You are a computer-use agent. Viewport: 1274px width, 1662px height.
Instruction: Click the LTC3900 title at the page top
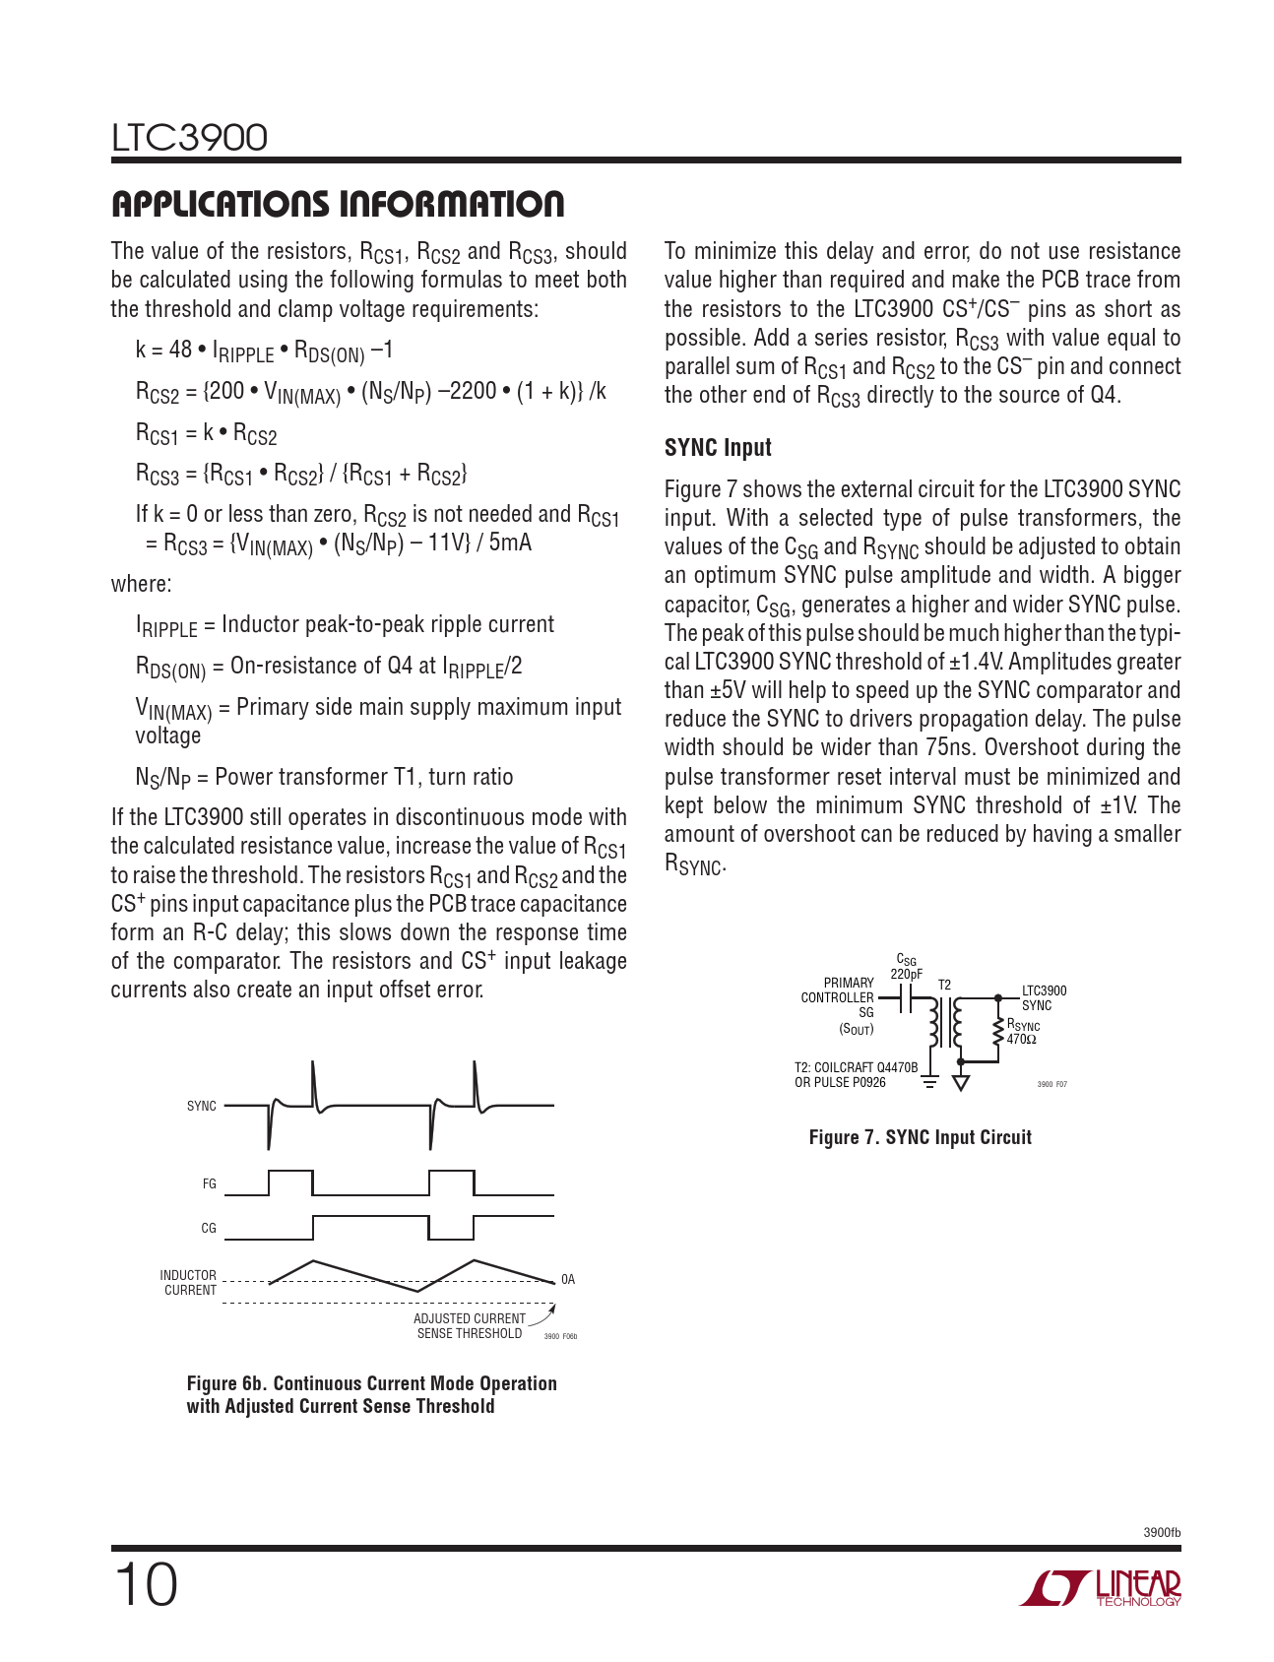189,138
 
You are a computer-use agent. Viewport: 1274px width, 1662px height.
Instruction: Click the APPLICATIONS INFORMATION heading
338,204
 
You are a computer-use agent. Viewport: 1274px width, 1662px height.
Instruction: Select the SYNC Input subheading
718,448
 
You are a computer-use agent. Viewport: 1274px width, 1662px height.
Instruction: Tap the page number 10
147,1586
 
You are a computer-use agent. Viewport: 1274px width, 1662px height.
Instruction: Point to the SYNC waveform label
201,1107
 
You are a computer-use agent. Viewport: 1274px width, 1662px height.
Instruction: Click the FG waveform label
209,1184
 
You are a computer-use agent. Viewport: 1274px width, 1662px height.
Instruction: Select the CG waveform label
209,1229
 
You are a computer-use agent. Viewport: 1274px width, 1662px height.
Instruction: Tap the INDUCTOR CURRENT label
189,1282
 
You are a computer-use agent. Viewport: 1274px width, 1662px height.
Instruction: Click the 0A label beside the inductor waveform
568,1280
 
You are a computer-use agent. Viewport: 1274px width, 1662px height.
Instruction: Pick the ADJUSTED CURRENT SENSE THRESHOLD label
470,1326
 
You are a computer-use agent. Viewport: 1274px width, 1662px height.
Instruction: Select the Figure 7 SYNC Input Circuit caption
920,1138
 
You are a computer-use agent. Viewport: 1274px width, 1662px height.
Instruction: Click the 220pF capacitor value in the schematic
906,974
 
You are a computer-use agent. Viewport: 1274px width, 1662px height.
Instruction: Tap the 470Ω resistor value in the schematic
1021,1040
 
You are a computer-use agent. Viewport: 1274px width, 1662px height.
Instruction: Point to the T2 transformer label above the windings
944,985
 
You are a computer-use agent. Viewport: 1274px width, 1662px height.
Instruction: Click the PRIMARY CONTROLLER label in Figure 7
838,991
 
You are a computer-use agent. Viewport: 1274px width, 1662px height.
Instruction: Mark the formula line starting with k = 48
264,351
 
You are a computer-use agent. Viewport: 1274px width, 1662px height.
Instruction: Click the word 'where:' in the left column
141,584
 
